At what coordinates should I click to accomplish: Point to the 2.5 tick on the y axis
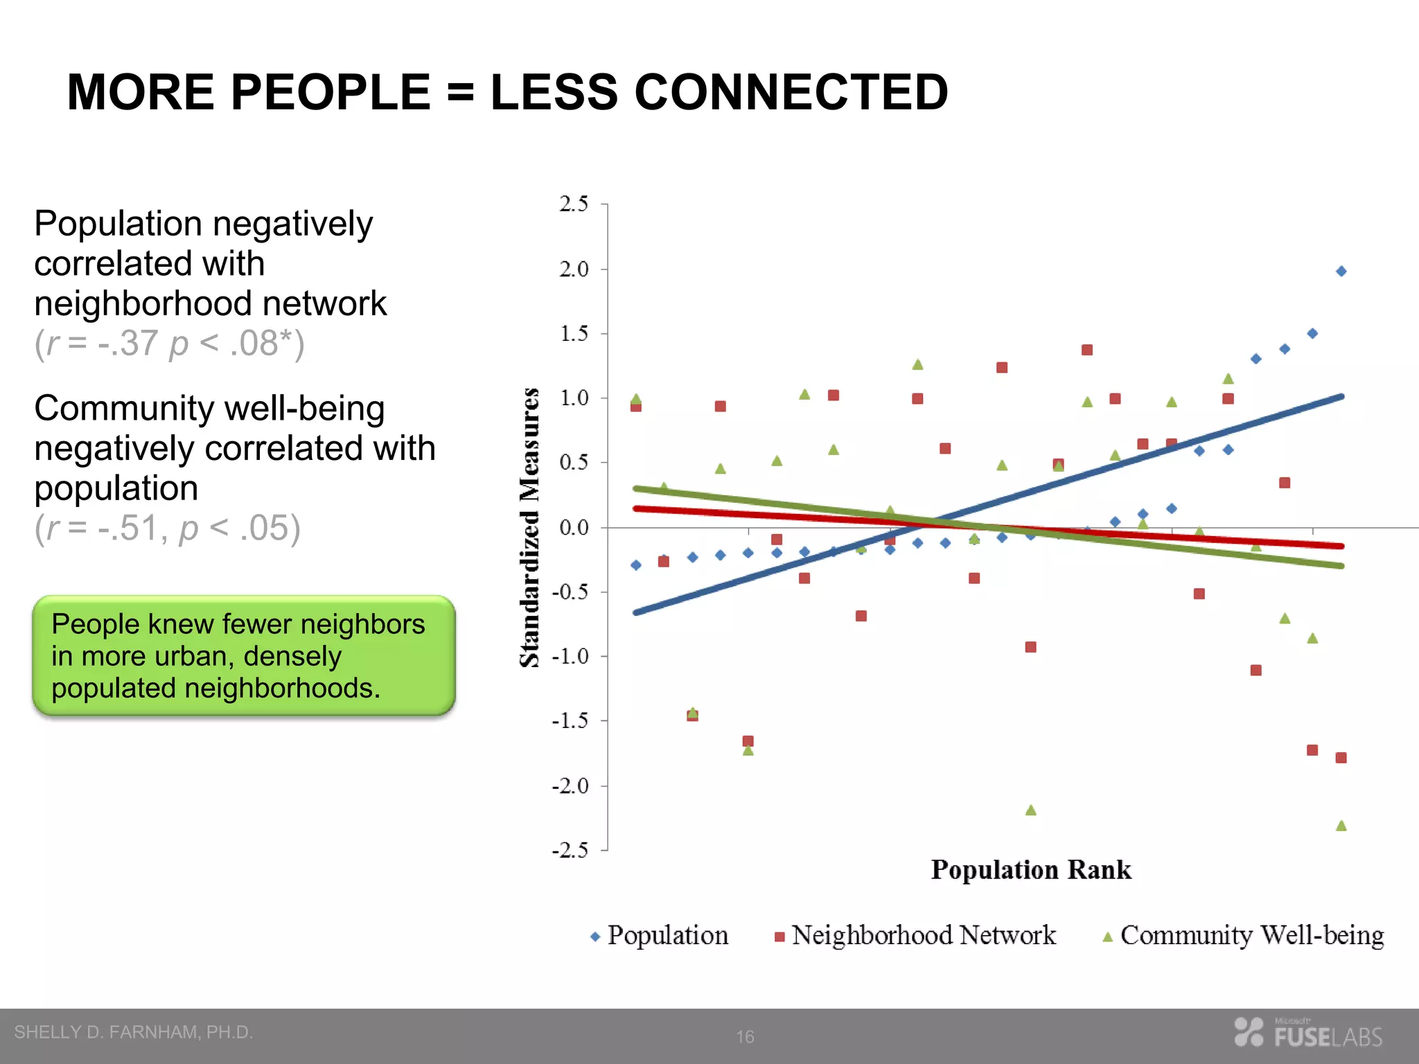tap(574, 204)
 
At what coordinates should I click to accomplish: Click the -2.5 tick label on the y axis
tap(570, 850)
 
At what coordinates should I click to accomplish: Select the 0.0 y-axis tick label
tap(574, 528)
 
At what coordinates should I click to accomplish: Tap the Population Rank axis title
tap(1030, 870)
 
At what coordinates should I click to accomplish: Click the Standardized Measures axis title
tap(530, 527)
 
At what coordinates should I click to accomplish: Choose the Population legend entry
tap(659, 936)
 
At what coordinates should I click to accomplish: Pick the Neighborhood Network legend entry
tap(915, 936)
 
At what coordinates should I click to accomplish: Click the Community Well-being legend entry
tap(1243, 936)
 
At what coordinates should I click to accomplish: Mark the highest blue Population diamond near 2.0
tap(1341, 272)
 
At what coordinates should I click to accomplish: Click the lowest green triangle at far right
tap(1341, 826)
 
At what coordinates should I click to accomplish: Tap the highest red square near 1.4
tap(1086, 351)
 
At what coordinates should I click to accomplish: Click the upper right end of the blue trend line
tap(1341, 397)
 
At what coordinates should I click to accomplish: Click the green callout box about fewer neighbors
tap(244, 655)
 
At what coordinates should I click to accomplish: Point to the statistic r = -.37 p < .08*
tap(170, 344)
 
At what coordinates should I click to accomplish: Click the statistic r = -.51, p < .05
tap(168, 529)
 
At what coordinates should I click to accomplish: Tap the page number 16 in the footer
tap(745, 1037)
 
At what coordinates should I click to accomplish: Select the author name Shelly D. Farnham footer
tap(134, 1032)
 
